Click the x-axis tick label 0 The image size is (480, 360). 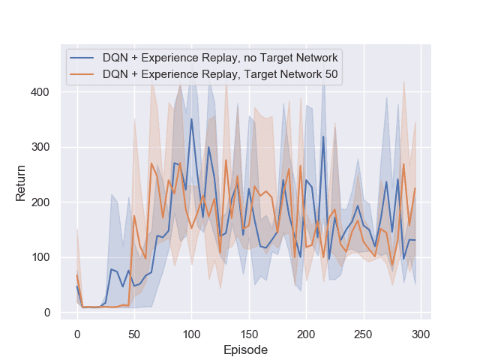coord(76,333)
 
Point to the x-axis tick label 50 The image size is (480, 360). coord(134,333)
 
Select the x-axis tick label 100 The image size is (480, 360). coord(191,333)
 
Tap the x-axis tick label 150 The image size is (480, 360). coord(248,333)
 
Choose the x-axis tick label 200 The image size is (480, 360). coord(306,333)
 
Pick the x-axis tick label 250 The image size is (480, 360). coord(363,333)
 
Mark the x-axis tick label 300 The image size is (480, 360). coord(420,333)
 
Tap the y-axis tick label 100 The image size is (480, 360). coord(43,257)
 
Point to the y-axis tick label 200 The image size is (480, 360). coord(43,202)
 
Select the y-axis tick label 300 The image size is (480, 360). coord(43,147)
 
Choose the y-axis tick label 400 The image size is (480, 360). coord(43,92)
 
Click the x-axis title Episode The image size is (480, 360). coord(245,349)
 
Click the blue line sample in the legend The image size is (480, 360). coord(82,58)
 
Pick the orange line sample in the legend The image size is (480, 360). coord(82,74)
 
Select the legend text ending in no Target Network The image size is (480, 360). coord(220,58)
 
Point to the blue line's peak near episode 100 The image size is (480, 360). coord(191,118)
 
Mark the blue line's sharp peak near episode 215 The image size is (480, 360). coord(323,136)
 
